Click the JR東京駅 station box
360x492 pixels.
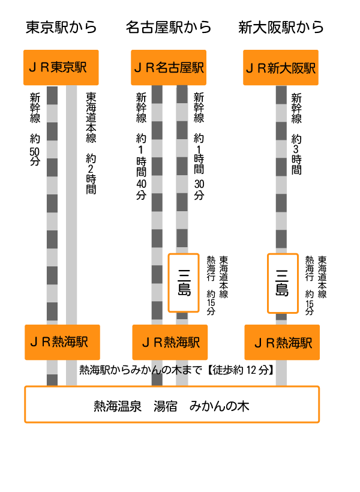tap(61, 68)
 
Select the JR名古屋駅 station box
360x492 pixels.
tap(169, 68)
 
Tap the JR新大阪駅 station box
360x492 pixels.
tap(281, 68)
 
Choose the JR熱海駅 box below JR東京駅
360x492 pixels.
tap(62, 343)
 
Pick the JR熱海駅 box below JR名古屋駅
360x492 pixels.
tap(170, 343)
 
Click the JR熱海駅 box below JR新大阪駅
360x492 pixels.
tap(282, 343)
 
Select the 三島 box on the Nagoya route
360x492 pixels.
tap(184, 283)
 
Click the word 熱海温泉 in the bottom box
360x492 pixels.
tap(118, 406)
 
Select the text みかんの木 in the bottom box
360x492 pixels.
tap(219, 406)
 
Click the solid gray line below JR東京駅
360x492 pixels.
tap(71, 204)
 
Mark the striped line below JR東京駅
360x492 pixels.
tap(52, 204)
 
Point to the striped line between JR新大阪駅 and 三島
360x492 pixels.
tap(281, 168)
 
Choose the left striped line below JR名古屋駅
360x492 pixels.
tap(157, 204)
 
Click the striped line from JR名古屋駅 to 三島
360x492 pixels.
tap(182, 168)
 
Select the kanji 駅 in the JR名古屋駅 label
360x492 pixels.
tap(198, 68)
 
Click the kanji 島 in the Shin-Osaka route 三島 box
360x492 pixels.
tap(283, 290)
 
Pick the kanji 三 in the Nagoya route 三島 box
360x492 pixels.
tap(184, 275)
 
